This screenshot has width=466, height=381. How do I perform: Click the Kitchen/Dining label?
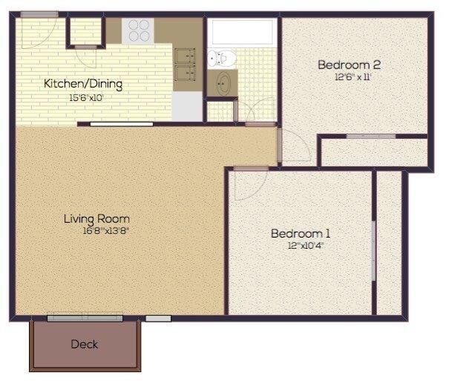coord(82,83)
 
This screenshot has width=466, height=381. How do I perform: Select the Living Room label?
coord(96,218)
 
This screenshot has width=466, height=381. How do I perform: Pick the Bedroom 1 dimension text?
coord(306,245)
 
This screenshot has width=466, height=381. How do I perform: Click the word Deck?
coord(84,344)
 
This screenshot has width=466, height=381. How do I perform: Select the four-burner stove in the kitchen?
coord(139,30)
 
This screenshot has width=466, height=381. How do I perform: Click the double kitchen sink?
coord(184,64)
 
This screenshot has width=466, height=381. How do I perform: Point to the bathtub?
coord(242,31)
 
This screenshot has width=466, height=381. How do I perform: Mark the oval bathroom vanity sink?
coord(223,84)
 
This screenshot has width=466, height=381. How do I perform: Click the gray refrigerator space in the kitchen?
coord(188,105)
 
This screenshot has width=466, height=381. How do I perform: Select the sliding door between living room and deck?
coord(85,318)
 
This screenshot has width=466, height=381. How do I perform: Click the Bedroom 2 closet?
coord(373,151)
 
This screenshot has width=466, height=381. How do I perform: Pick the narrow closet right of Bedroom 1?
coord(389,241)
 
